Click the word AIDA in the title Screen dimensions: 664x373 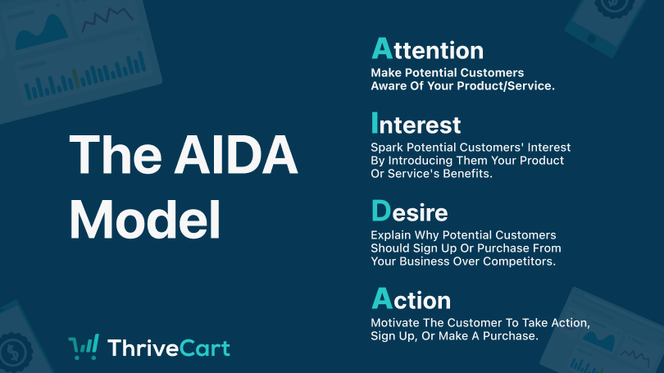(x=236, y=154)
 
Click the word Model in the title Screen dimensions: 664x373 (x=145, y=220)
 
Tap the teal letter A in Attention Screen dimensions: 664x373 (x=382, y=48)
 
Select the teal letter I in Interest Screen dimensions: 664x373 (x=375, y=123)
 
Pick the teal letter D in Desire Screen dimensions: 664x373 (x=381, y=211)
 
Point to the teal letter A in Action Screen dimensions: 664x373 (x=382, y=298)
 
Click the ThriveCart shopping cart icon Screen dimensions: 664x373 (x=84, y=347)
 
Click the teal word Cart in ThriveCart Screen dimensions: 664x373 (x=205, y=348)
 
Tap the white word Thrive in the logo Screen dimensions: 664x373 (x=143, y=348)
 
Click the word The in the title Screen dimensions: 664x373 (x=116, y=154)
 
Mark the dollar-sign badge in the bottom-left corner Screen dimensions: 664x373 (x=15, y=352)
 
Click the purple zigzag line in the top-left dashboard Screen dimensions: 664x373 (x=107, y=19)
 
